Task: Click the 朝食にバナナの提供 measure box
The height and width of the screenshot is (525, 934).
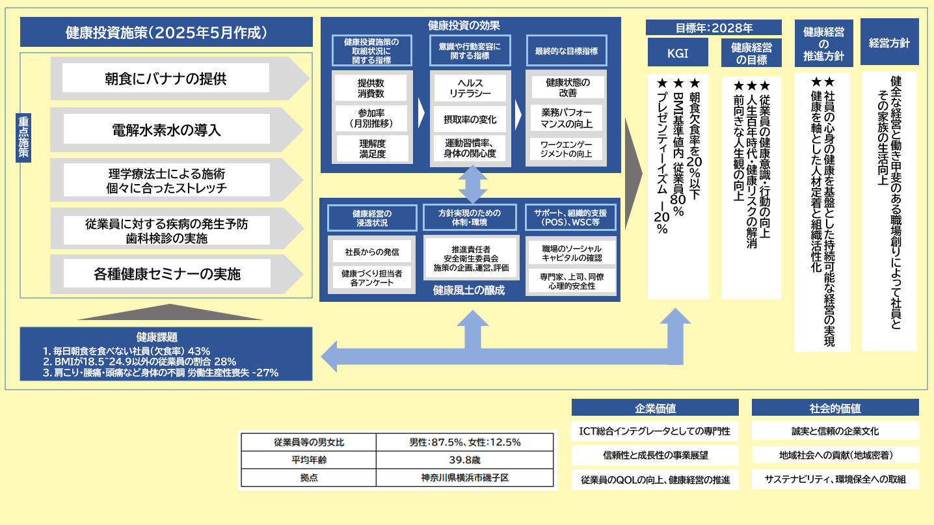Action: (x=166, y=79)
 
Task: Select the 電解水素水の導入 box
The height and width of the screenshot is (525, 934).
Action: (x=166, y=129)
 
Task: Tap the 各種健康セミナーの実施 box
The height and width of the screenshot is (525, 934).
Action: (x=166, y=274)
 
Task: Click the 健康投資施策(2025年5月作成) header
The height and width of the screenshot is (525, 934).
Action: (x=167, y=33)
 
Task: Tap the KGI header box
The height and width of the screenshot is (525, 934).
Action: (x=678, y=53)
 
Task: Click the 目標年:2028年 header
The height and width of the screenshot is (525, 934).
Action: (x=714, y=28)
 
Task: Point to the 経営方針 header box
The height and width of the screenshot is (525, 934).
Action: (x=889, y=43)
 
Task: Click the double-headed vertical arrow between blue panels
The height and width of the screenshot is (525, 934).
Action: (x=473, y=184)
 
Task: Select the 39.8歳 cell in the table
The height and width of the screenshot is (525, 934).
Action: (x=464, y=460)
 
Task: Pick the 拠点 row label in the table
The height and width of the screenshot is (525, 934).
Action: (x=308, y=478)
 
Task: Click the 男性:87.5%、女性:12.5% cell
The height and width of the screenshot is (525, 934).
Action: (x=464, y=442)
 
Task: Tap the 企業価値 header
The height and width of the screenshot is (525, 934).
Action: (x=655, y=408)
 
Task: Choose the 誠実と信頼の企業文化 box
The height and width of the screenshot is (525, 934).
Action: (x=835, y=431)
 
